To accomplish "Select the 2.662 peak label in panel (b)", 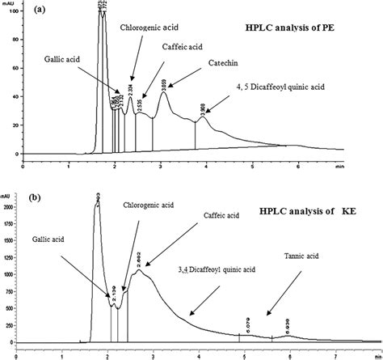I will point(139,259).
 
